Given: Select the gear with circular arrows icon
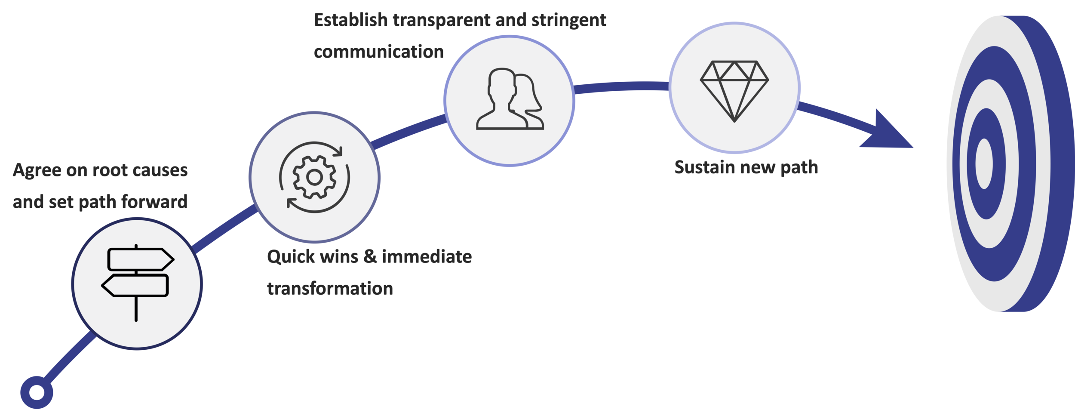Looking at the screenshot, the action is (x=314, y=177).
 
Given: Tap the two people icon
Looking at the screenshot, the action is (x=510, y=99).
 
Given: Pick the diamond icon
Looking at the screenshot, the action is (x=734, y=91).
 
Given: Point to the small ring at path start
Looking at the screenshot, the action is (x=37, y=392).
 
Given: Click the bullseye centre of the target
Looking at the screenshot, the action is (x=984, y=163).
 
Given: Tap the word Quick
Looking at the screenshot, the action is (x=291, y=257).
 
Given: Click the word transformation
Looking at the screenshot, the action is (x=330, y=288).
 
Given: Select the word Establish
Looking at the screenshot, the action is (x=351, y=20).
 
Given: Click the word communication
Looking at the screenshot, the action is (x=379, y=52).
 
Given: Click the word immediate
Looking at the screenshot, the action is (x=427, y=256).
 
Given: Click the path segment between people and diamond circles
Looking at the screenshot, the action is (x=621, y=87).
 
